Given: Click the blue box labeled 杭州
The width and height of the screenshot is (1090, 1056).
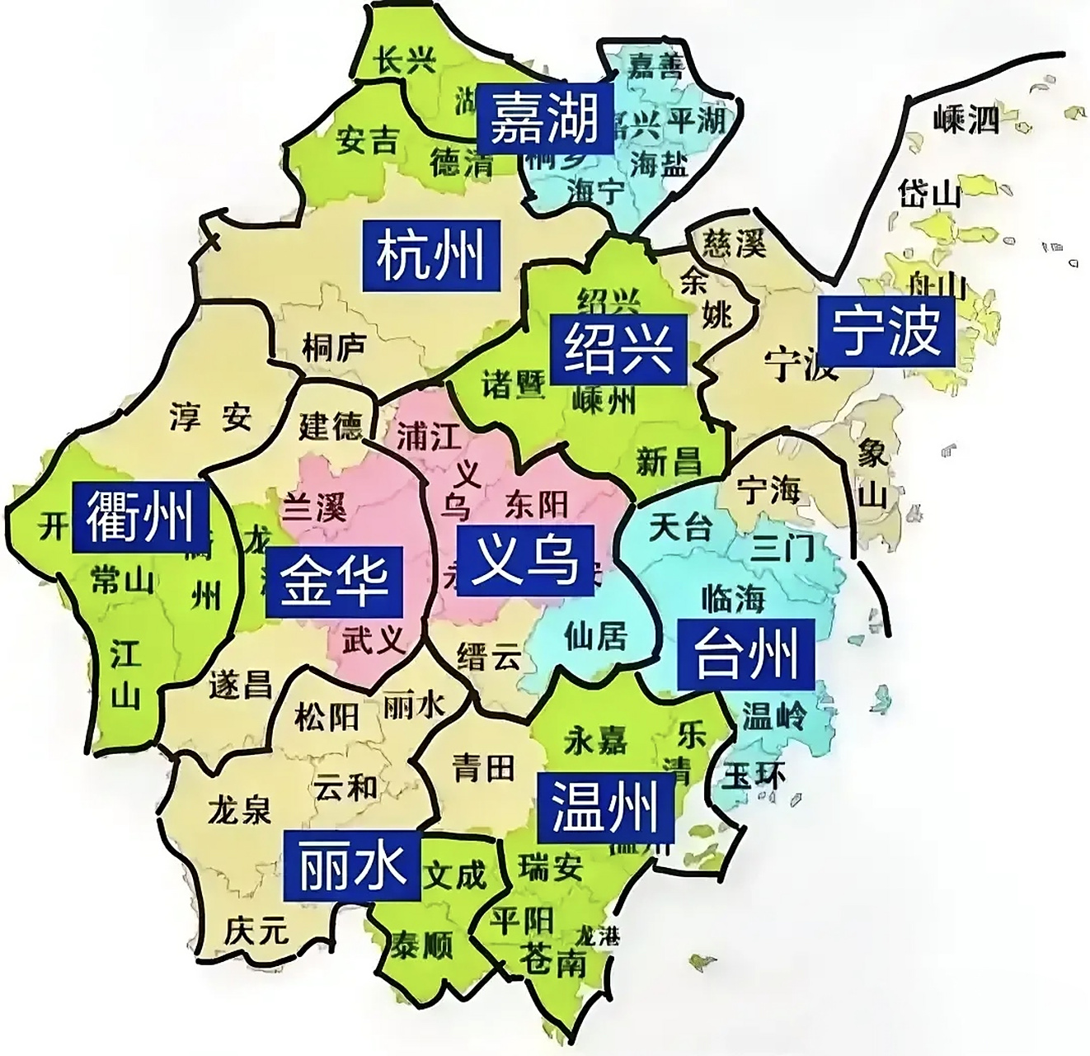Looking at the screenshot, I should (431, 254).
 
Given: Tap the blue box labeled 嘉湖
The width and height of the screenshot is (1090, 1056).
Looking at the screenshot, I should (544, 119).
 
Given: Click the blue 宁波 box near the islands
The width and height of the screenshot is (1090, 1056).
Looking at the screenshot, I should (886, 332).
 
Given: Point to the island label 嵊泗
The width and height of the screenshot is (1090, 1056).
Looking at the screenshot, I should (966, 120).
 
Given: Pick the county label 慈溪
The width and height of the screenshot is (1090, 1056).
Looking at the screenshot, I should (734, 243).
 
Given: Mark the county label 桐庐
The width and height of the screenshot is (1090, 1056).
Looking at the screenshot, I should (333, 347).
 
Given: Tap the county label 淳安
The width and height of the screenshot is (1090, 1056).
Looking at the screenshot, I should (210, 417).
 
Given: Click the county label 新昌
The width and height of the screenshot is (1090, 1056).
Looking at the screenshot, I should (669, 461).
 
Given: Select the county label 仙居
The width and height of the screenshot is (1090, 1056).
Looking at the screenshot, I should (595, 635).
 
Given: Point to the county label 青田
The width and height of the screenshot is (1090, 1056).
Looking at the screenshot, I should (483, 768).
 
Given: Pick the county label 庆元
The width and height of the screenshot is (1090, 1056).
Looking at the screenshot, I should (256, 931).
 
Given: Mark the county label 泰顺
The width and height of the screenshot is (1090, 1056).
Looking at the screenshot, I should (421, 944).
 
